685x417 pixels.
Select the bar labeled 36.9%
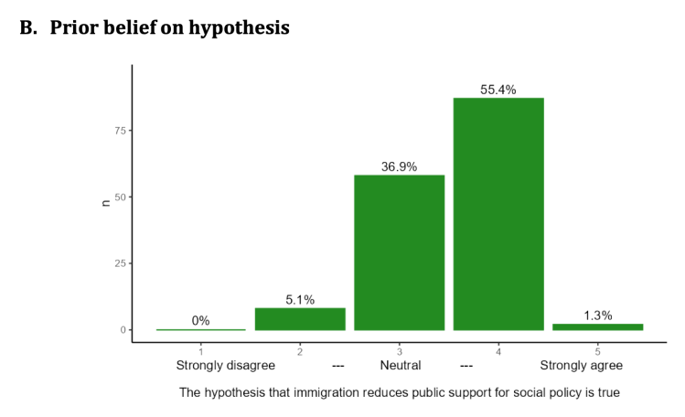[x=400, y=251]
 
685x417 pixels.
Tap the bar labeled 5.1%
[x=300, y=318]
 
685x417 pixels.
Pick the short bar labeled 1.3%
[x=597, y=326]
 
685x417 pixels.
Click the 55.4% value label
[x=498, y=90]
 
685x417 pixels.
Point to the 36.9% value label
[x=400, y=166]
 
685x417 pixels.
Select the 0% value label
[x=201, y=321]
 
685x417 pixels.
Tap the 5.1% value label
[x=300, y=299]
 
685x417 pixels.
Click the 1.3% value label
[x=597, y=315]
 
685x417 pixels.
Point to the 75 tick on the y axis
[x=119, y=130]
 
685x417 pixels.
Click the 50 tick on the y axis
[x=119, y=197]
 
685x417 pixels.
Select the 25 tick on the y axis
[x=119, y=263]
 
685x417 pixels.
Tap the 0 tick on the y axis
[x=122, y=330]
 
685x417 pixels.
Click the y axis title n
[x=105, y=203]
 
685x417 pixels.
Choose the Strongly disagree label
[x=225, y=366]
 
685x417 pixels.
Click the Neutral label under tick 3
[x=401, y=366]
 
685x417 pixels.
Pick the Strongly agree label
[x=581, y=366]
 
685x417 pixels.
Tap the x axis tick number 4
[x=498, y=351]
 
